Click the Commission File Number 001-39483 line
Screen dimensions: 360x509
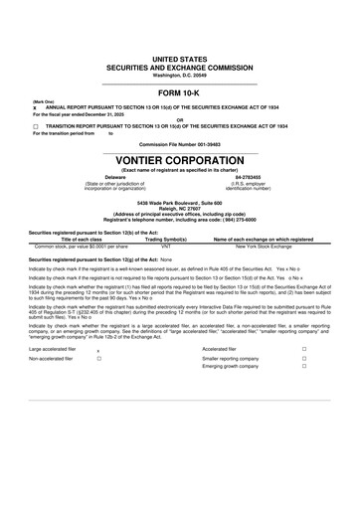pyautogui.click(x=179, y=143)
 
